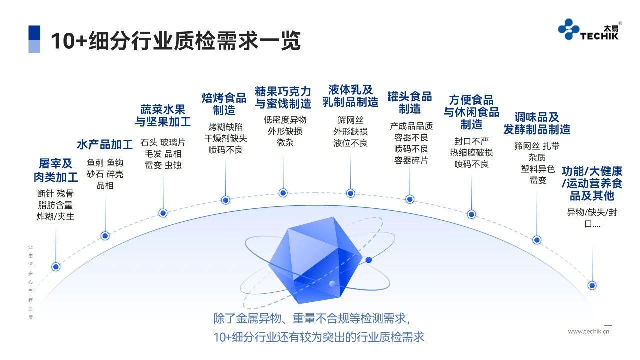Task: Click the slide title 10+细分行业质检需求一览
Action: click(x=175, y=41)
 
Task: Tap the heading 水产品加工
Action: click(x=105, y=145)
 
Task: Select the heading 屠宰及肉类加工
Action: click(x=56, y=170)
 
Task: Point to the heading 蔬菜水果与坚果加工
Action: click(x=163, y=115)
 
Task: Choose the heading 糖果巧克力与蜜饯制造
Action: click(x=283, y=98)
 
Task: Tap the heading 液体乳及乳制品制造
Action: click(x=350, y=96)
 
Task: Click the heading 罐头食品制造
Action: click(x=409, y=102)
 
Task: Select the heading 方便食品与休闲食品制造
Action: click(x=471, y=112)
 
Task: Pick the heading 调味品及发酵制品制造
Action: click(x=537, y=123)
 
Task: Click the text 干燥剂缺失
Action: click(x=225, y=138)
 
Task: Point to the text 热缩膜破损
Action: click(x=471, y=153)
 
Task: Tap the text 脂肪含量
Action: click(x=55, y=205)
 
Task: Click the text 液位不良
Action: click(x=350, y=143)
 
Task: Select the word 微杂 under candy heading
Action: click(x=285, y=143)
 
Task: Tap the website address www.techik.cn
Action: click(x=589, y=331)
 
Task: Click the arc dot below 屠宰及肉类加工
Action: click(x=56, y=267)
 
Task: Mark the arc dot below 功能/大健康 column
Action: click(x=592, y=286)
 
